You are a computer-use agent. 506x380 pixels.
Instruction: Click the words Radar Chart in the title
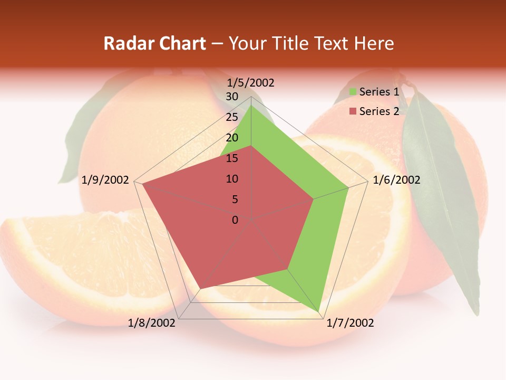[154, 43]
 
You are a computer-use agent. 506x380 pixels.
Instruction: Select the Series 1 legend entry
[378, 92]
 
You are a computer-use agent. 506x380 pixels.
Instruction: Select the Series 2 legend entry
[378, 111]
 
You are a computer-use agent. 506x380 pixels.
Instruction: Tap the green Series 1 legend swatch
[353, 92]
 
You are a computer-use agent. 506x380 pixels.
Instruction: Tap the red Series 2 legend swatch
[353, 111]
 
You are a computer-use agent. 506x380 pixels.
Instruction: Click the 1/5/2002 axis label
[251, 83]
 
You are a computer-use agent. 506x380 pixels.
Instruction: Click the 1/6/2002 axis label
[396, 180]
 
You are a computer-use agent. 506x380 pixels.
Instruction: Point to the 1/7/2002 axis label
[350, 323]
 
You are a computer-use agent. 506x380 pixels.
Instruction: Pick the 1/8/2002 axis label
[152, 323]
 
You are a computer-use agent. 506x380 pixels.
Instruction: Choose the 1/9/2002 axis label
[105, 180]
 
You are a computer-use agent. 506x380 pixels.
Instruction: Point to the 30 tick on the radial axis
[232, 97]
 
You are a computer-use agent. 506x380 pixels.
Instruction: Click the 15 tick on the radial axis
[232, 158]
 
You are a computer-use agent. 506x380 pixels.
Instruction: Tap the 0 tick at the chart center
[235, 220]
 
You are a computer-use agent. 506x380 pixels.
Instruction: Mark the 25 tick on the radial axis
[232, 117]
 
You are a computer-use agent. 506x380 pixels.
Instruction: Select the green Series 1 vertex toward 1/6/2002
[348, 187]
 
